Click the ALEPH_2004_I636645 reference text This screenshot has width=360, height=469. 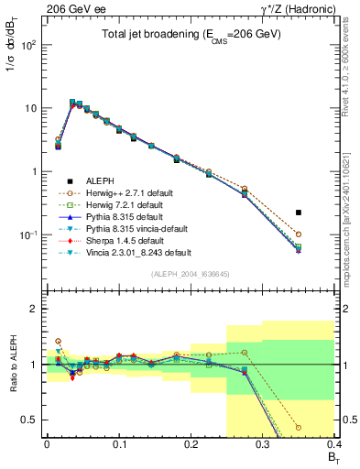click(190, 273)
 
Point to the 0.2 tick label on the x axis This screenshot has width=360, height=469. click(191, 443)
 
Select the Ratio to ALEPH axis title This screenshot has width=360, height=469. click(12, 365)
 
